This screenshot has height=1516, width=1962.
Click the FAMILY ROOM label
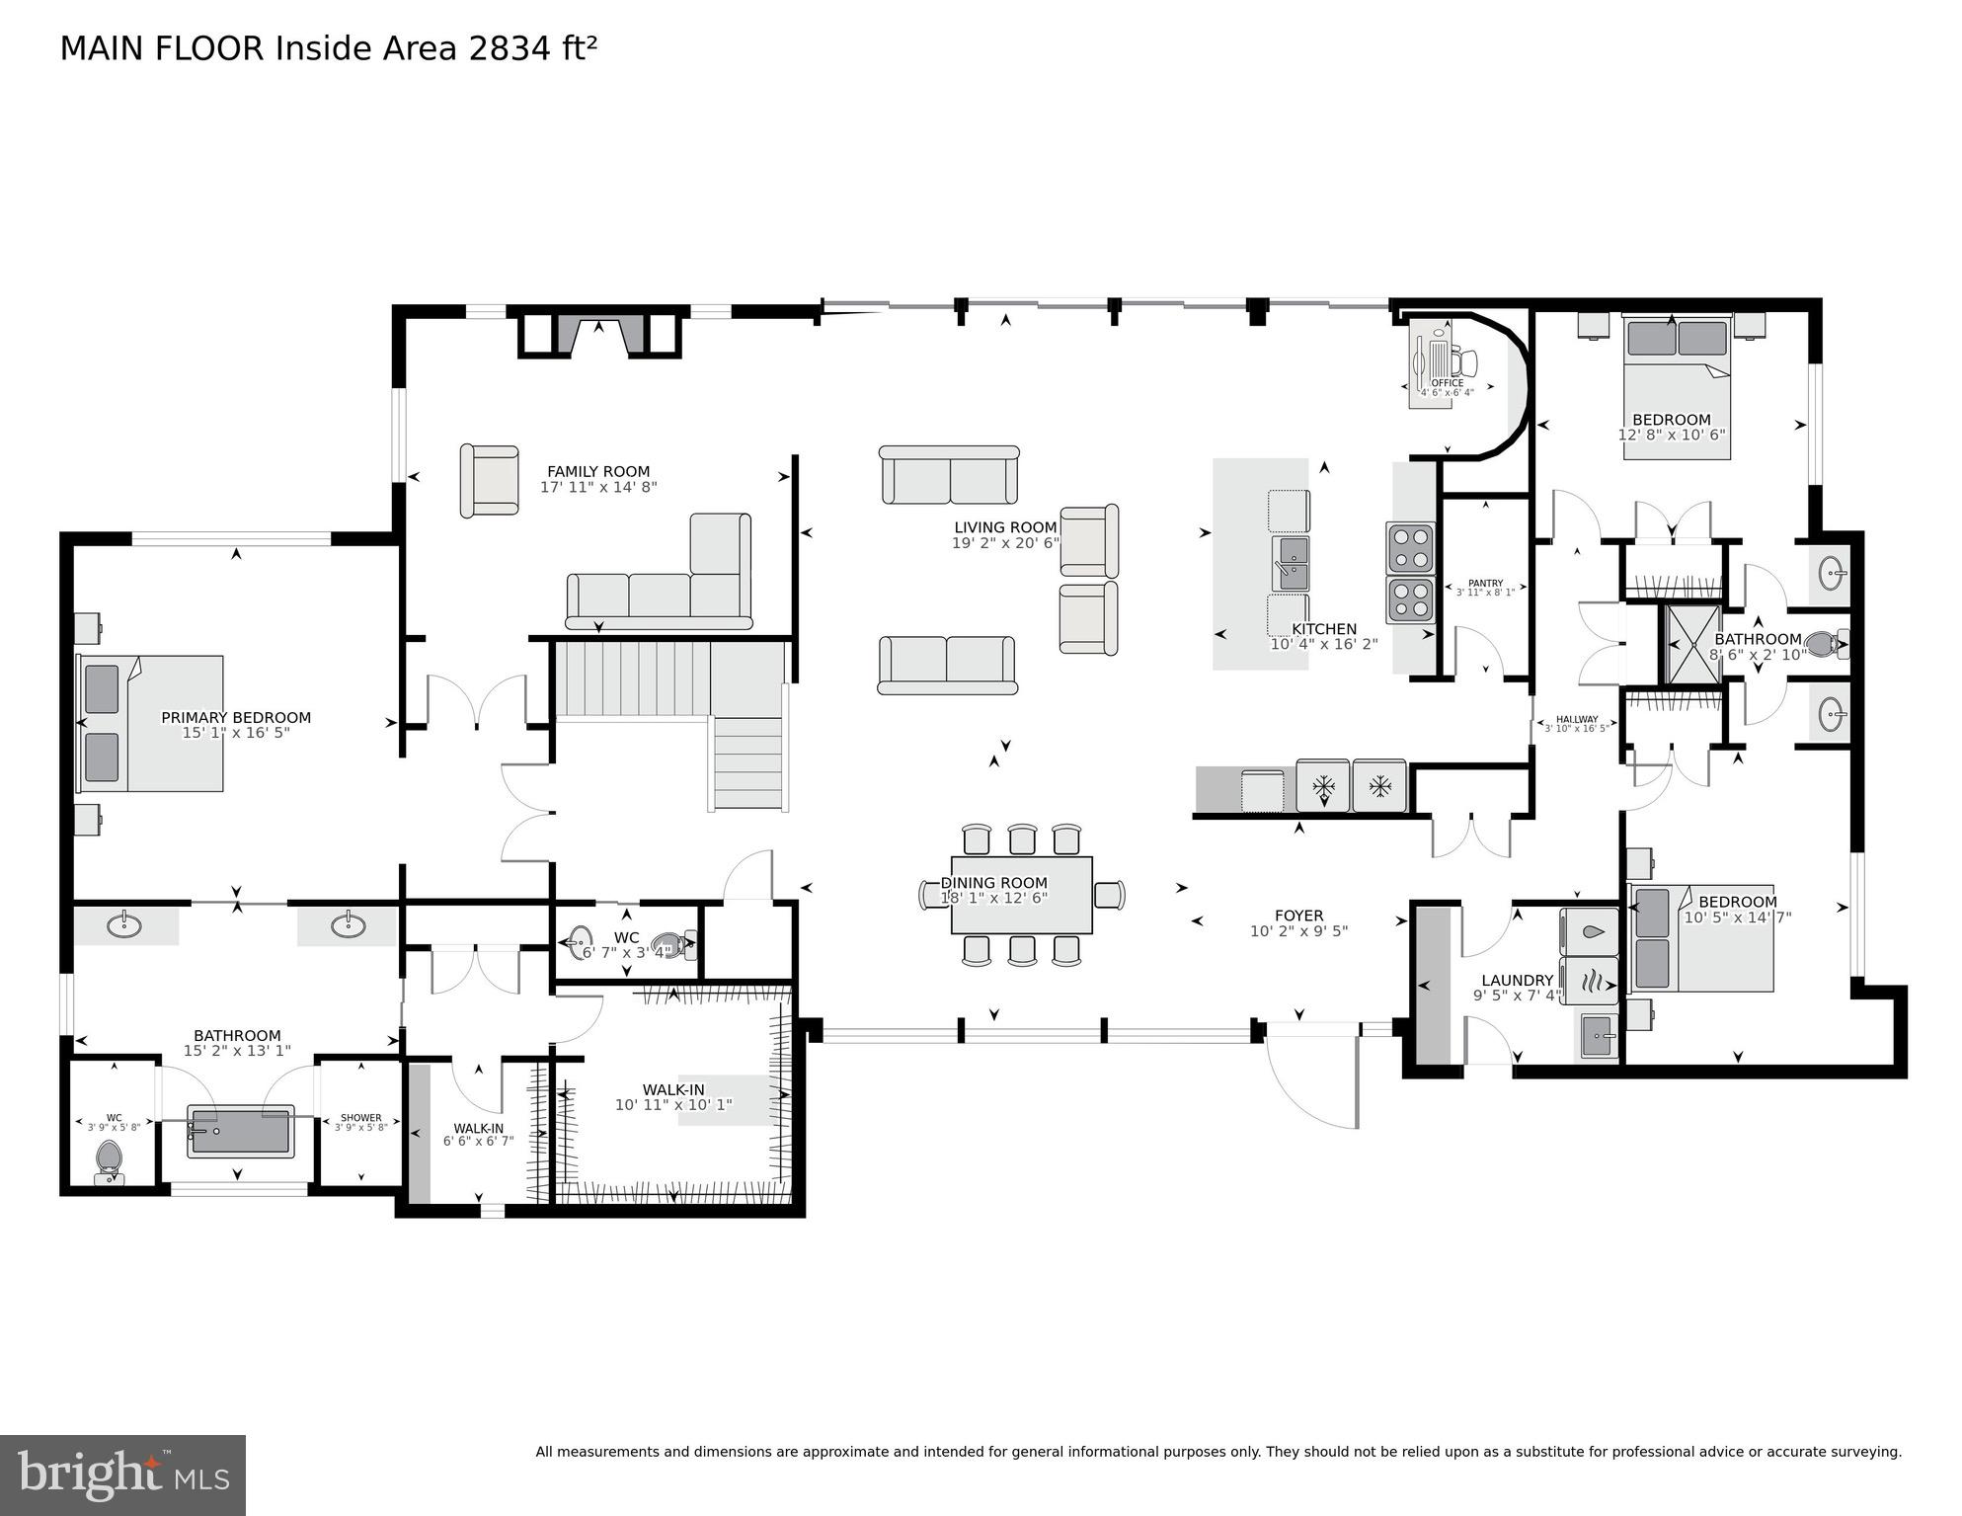click(598, 472)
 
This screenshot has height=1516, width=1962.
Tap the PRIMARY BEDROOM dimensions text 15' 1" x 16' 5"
click(235, 733)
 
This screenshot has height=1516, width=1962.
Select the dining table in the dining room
click(1021, 895)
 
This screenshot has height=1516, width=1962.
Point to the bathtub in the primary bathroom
click(240, 1131)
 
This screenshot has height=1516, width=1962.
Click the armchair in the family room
click(490, 480)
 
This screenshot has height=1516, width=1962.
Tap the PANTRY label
click(1484, 584)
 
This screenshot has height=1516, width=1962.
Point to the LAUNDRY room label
click(1516, 981)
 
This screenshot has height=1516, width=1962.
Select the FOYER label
click(1298, 916)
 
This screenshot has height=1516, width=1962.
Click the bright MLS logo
click(122, 1476)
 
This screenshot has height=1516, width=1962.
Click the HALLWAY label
click(1576, 719)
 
